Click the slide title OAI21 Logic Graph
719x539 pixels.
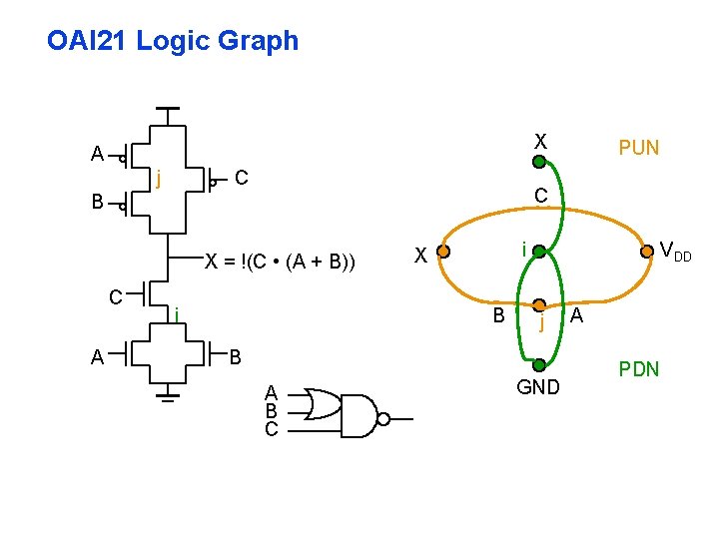click(x=172, y=41)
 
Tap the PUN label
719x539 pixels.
click(x=638, y=148)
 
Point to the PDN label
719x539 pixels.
click(x=638, y=369)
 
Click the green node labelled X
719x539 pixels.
click(x=539, y=161)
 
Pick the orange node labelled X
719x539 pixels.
click(x=445, y=254)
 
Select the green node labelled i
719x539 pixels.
click(x=539, y=254)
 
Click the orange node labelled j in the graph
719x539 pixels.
click(x=539, y=305)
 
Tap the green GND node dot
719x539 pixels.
click(x=539, y=364)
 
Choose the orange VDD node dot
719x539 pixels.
click(x=647, y=253)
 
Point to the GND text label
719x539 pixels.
click(x=539, y=387)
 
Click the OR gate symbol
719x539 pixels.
click(x=322, y=404)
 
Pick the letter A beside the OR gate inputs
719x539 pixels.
click(x=271, y=391)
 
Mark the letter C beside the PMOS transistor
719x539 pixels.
click(x=241, y=180)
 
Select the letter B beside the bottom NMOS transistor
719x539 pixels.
click(x=236, y=356)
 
